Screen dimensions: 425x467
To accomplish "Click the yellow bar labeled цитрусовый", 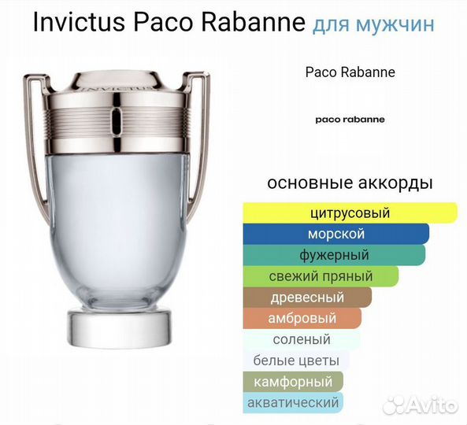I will point(350,213).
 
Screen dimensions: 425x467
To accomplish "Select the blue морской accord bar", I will point(335,234).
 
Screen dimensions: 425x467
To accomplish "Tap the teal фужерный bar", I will point(334,255).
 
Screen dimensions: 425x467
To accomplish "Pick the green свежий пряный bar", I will point(321,276).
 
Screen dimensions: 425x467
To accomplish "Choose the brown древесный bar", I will point(307,297).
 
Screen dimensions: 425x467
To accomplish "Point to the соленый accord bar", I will point(302,340).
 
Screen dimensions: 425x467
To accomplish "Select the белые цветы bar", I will point(296,360).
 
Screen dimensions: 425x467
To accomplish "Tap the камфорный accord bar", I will point(294,382).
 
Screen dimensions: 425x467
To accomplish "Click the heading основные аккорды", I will point(350,183).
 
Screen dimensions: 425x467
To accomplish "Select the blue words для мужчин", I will point(372,24).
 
